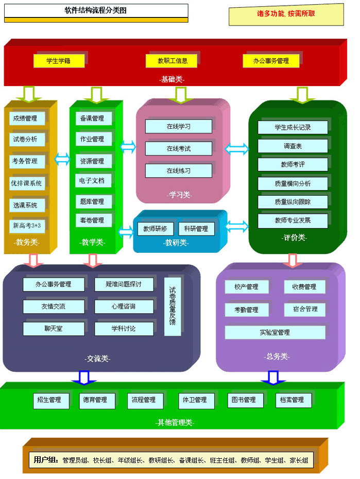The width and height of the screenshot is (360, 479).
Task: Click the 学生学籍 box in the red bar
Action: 59,61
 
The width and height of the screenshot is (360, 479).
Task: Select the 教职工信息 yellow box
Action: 173,61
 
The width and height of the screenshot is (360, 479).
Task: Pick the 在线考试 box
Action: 179,148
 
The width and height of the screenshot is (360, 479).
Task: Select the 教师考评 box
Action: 293,165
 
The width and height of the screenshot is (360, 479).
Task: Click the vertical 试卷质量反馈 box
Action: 173,306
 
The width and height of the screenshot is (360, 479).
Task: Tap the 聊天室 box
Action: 53,328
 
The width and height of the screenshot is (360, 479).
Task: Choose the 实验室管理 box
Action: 275,333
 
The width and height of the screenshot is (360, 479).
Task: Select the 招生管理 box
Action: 50,400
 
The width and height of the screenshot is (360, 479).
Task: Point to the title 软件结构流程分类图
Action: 96,10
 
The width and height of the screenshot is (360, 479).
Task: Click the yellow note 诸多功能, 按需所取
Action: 286,14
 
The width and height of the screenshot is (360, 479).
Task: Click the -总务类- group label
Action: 278,356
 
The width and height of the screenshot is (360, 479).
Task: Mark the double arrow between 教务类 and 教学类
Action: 63,159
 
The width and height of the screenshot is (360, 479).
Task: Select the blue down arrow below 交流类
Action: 84,378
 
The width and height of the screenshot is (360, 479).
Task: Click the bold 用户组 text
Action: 46,460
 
